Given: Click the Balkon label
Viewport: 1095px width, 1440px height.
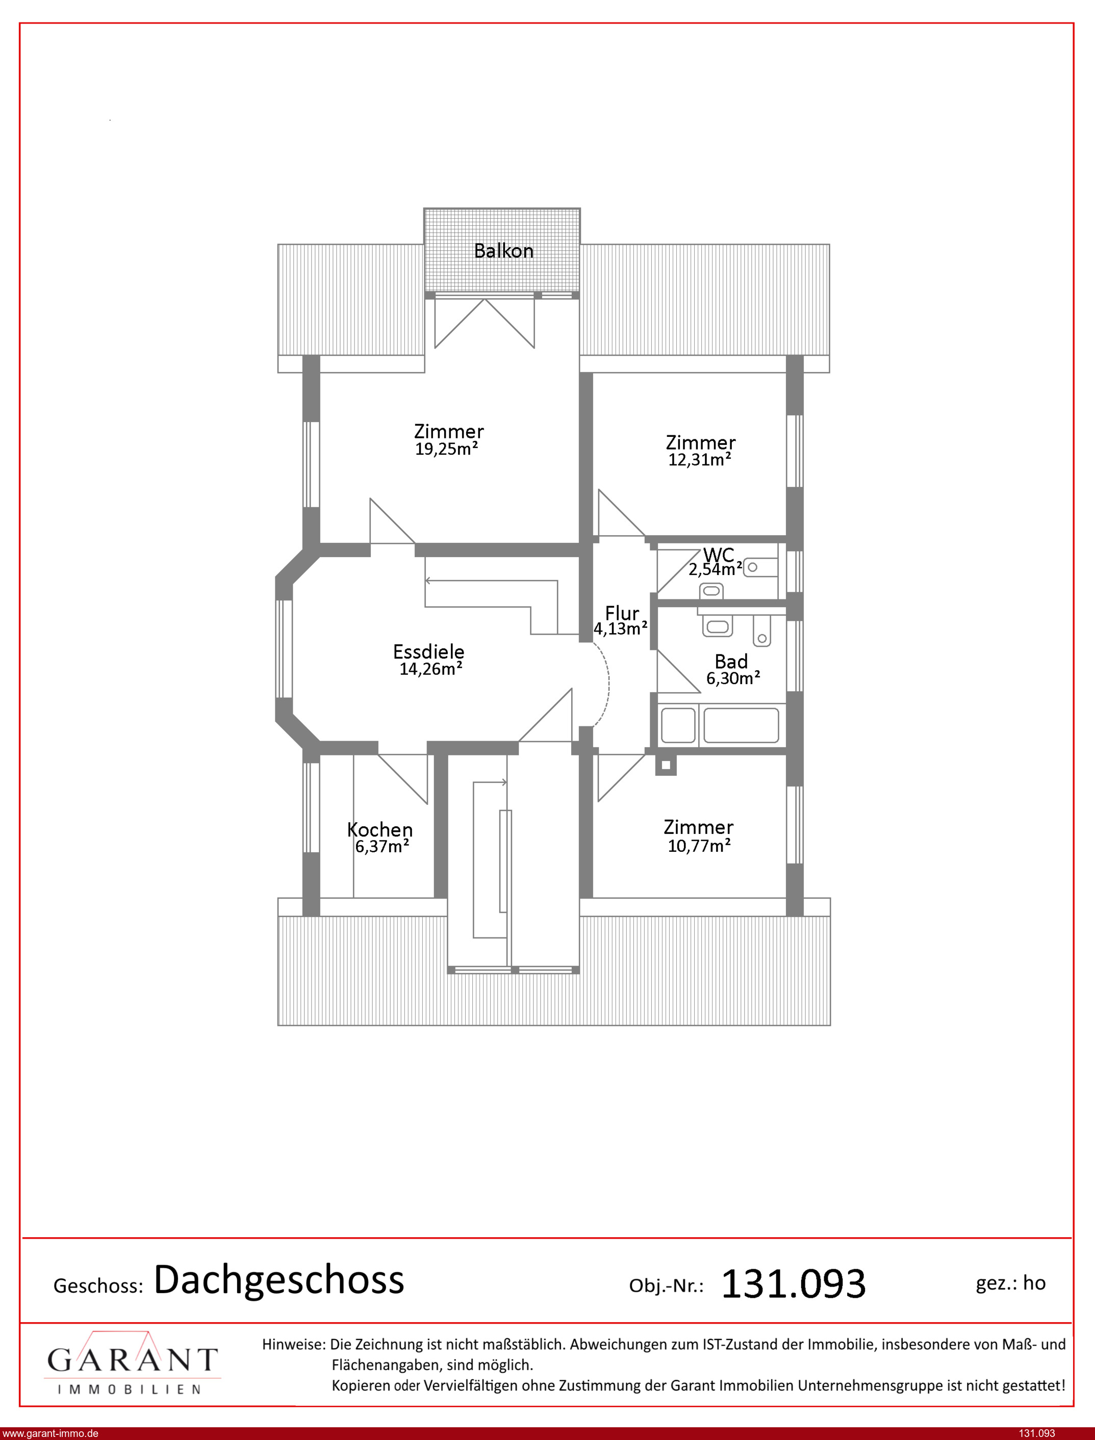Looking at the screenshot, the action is [x=503, y=251].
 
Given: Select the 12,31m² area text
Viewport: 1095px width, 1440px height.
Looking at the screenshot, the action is [x=699, y=459].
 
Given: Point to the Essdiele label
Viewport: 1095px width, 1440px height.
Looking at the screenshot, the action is [x=428, y=651].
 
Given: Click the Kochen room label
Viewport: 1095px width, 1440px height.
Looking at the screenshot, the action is [x=380, y=830].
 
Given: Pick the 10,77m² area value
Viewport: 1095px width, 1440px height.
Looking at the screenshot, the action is [x=699, y=846].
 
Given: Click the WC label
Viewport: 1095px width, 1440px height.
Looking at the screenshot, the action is [x=719, y=555].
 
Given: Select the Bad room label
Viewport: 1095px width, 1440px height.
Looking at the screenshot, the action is [x=731, y=662].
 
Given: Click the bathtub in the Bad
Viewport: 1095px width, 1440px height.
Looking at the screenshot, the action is [x=741, y=725].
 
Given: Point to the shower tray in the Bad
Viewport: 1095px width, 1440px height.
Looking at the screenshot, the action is [x=678, y=725].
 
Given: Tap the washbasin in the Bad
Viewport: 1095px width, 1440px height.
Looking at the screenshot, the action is [x=718, y=626].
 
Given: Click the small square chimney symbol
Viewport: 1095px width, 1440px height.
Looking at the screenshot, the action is [x=666, y=765].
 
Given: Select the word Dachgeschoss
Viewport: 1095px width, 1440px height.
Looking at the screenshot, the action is [x=279, y=1280].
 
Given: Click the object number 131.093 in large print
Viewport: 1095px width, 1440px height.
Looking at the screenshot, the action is [x=793, y=1284].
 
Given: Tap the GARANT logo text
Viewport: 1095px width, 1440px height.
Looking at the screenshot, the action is [x=132, y=1360].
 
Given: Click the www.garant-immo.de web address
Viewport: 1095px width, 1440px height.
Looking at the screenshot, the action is [x=50, y=1433].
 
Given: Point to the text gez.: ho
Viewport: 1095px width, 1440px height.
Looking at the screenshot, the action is [x=1010, y=1283].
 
